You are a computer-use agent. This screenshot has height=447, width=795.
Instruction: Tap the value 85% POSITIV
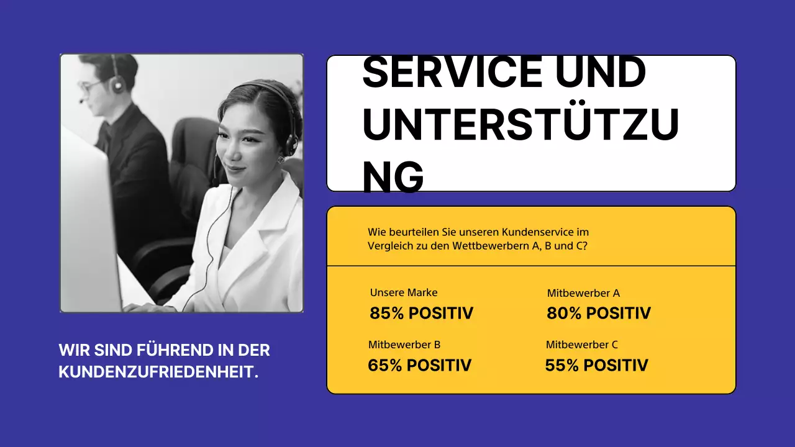(x=421, y=314)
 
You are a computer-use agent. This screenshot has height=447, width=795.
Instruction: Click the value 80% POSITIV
(x=598, y=314)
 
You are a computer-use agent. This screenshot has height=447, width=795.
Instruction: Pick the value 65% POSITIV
(x=419, y=365)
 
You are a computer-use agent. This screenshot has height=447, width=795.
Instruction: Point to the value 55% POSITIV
(x=596, y=365)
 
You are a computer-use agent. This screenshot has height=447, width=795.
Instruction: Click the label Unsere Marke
(x=404, y=292)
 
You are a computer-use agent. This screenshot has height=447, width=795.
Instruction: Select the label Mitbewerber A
(x=583, y=293)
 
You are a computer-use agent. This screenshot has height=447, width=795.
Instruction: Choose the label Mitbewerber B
(x=404, y=345)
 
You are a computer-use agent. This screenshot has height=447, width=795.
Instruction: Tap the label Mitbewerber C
(x=582, y=345)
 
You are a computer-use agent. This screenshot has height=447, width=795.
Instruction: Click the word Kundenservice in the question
(x=545, y=232)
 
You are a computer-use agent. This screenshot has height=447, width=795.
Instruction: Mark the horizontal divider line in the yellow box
(x=531, y=266)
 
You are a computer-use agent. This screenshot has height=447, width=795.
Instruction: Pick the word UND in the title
(x=600, y=71)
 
